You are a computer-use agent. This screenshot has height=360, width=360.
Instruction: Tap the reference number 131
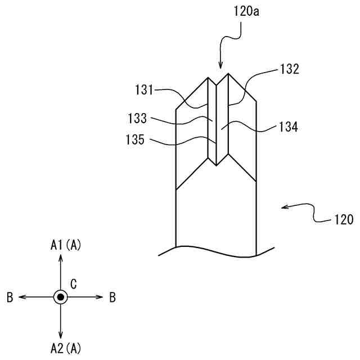click(x=145, y=89)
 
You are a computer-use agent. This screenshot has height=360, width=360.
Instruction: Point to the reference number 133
click(x=137, y=119)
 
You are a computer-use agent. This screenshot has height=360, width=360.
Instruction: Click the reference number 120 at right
click(x=341, y=219)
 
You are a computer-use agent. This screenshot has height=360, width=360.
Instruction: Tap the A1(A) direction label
click(x=65, y=245)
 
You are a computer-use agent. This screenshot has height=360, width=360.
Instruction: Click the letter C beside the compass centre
click(x=73, y=283)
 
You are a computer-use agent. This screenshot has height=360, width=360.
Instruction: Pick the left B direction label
click(x=10, y=297)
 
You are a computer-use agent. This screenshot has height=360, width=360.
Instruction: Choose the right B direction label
click(x=112, y=297)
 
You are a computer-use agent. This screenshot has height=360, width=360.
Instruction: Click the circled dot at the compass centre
click(x=61, y=296)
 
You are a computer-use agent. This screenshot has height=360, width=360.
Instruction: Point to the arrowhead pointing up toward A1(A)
click(x=61, y=256)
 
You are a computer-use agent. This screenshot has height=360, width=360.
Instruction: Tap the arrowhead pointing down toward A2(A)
click(x=61, y=337)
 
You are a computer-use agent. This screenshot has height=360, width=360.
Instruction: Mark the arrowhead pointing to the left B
click(x=21, y=296)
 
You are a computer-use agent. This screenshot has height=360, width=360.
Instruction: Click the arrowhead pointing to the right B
click(x=101, y=296)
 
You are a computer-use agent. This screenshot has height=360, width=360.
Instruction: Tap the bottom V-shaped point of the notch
click(x=218, y=165)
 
